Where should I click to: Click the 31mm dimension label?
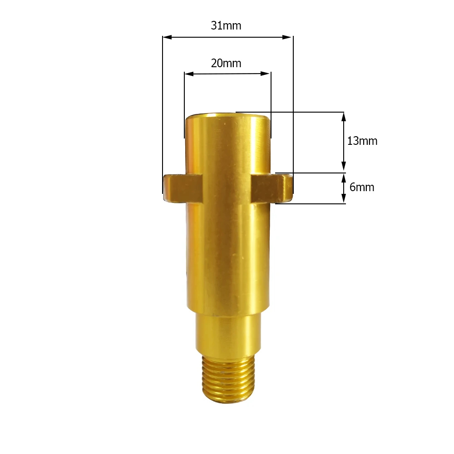[x=226, y=26]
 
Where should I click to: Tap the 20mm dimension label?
[x=226, y=64]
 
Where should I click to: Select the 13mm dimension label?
[x=362, y=141]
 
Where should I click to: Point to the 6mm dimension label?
[x=362, y=188]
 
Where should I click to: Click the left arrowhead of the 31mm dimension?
[x=167, y=37]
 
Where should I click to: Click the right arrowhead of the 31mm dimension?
[x=287, y=37]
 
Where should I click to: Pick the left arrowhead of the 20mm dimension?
[x=189, y=74]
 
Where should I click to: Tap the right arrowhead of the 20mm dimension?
[x=265, y=74]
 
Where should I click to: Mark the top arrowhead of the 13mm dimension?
[x=344, y=117]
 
